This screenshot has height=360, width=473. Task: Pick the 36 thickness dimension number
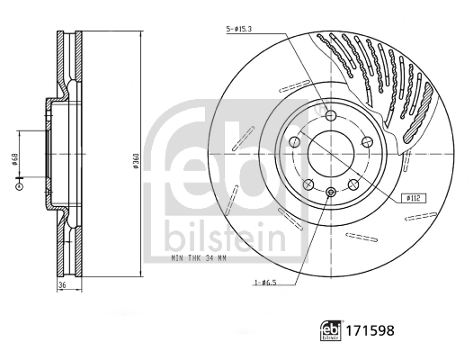(63, 284)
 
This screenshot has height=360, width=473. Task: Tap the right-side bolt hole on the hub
(369, 142)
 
